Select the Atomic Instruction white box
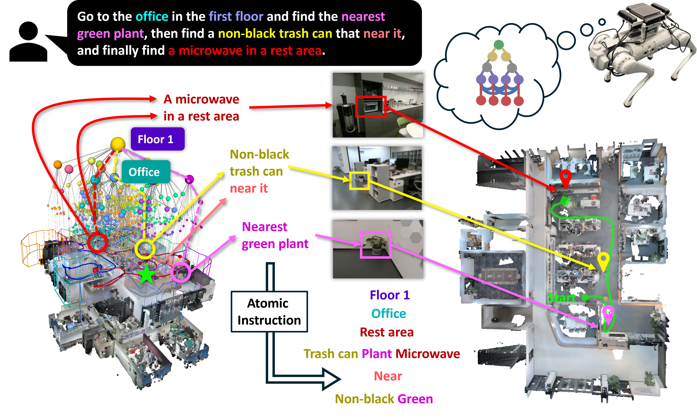pyautogui.click(x=269, y=311)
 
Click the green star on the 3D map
pyautogui.click(x=146, y=274)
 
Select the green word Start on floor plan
pyautogui.click(x=561, y=298)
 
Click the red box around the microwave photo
pyautogui.click(x=371, y=106)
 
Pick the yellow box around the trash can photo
pyautogui.click(x=359, y=181)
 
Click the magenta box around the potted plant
pyautogui.click(x=376, y=244)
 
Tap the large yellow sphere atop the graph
pyautogui.click(x=118, y=144)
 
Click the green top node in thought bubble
pyautogui.click(x=499, y=45)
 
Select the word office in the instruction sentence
pyautogui.click(x=152, y=17)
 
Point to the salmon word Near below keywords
pyautogui.click(x=388, y=376)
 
